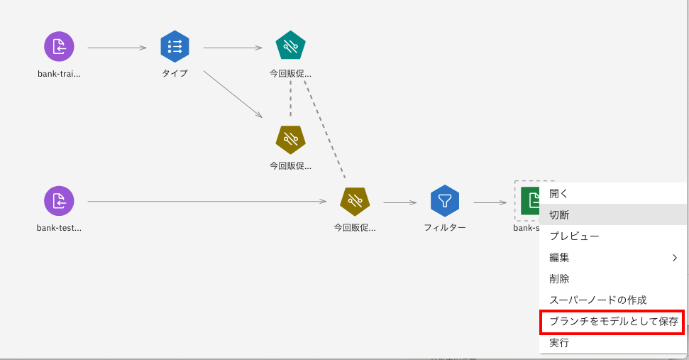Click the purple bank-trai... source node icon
[59, 48]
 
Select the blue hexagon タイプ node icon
[175, 48]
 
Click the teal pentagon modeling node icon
[290, 48]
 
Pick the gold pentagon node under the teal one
[290, 140]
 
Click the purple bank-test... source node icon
[59, 202]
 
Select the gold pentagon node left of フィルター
[355, 202]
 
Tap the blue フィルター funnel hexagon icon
[445, 202]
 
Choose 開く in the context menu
[559, 193]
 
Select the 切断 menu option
[559, 214]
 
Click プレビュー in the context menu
[574, 236]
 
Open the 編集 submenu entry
[559, 258]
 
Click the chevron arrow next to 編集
[674, 258]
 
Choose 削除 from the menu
[559, 279]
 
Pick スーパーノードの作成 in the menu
[597, 300]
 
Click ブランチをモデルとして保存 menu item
[613, 322]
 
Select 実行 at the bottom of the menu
[559, 343]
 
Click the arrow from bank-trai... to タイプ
[116, 48]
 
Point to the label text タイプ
[175, 73]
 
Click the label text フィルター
[445, 228]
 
